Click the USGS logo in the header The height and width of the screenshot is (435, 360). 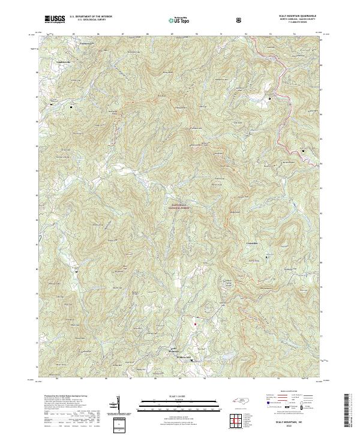[55, 20]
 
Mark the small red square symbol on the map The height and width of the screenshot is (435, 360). [194, 325]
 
